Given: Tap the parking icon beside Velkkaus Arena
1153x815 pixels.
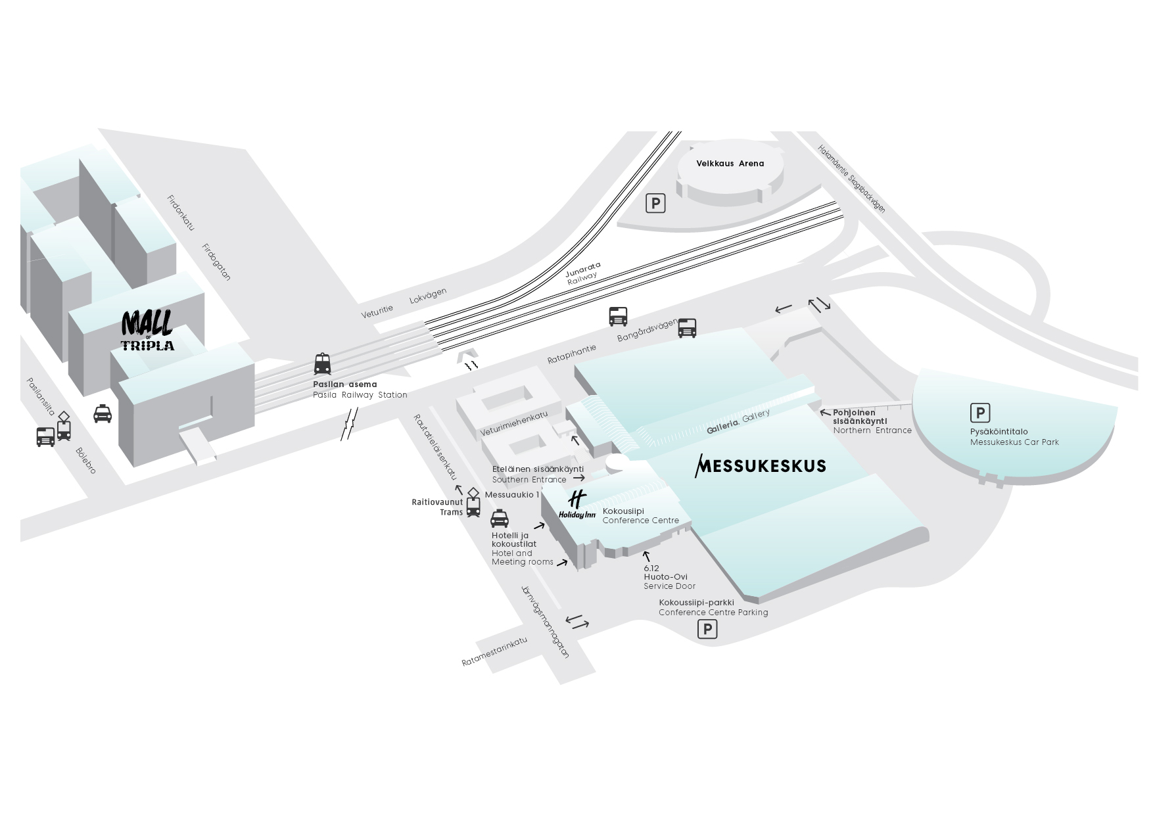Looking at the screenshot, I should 655,203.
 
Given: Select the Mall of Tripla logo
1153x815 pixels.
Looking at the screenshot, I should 148,331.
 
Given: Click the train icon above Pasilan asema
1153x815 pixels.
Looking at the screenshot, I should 322,364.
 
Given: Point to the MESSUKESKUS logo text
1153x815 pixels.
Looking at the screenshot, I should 761,465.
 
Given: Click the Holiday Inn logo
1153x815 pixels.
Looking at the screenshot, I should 576,505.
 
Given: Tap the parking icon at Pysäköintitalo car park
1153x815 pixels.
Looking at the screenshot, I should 979,413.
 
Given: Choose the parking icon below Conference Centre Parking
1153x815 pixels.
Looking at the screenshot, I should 707,630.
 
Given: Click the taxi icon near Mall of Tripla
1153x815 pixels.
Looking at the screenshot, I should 103,413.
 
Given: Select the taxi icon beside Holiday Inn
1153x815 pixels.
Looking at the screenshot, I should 500,519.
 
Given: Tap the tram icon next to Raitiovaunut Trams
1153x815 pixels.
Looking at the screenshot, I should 473,505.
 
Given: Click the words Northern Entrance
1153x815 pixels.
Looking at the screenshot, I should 872,431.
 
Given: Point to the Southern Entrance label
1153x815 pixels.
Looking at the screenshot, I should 529,480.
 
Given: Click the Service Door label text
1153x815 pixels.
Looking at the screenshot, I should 669,586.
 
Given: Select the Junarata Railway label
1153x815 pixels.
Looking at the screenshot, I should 583,271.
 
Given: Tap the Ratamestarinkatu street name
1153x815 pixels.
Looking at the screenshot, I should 494,652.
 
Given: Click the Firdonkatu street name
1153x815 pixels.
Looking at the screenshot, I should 181,212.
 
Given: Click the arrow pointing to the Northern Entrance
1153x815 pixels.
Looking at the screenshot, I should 825,413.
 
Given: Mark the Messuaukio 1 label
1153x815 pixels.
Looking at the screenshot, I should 511,495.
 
